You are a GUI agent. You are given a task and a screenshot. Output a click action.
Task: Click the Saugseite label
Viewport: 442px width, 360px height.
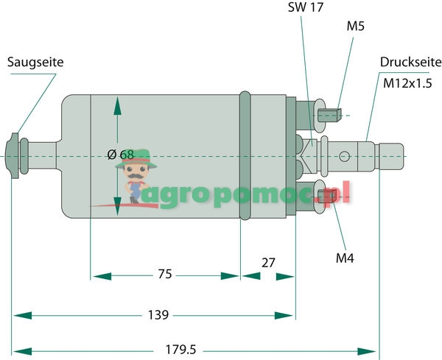tap(35, 63)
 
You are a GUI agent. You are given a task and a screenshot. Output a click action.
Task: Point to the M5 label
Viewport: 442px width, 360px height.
tap(356, 27)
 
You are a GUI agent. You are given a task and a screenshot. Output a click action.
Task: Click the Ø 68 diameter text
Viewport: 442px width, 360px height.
tap(121, 155)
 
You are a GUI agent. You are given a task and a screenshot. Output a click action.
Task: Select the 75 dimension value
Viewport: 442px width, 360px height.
tap(165, 275)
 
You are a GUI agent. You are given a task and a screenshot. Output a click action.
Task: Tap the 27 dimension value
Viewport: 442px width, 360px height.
tap(268, 262)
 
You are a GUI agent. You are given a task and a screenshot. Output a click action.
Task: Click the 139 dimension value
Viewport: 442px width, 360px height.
tap(158, 315)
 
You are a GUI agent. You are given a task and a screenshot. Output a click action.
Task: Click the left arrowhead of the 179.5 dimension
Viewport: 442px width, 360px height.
tap(21, 350)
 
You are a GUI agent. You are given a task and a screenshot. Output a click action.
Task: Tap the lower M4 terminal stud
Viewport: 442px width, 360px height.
tap(328, 195)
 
